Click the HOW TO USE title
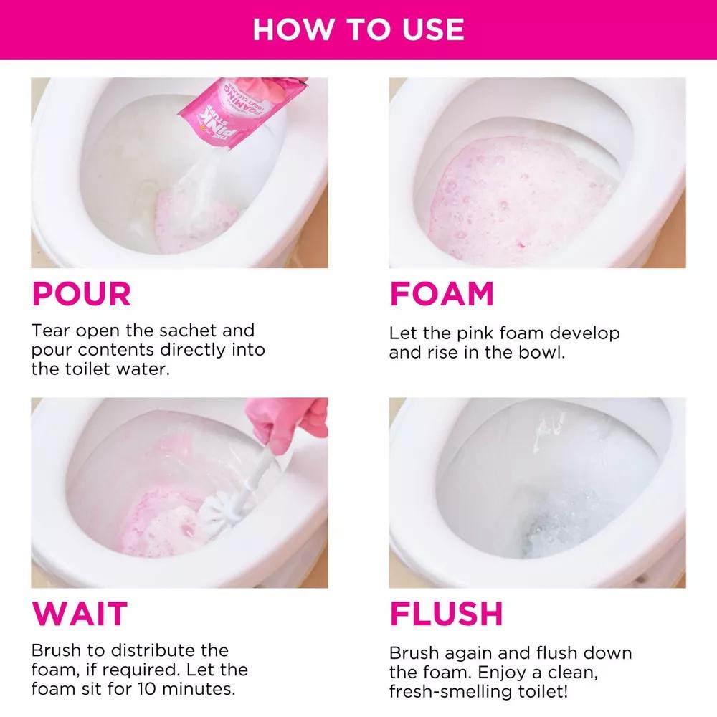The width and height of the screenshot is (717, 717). pos(358,29)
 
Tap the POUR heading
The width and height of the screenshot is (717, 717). pos(81,294)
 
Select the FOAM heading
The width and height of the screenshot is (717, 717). pos(441,294)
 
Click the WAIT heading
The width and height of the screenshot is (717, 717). pos(80,614)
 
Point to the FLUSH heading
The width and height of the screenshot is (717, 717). pos(446,614)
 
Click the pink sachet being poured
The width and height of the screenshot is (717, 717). pos(237,108)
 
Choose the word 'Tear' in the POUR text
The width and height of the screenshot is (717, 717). pos(52,331)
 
